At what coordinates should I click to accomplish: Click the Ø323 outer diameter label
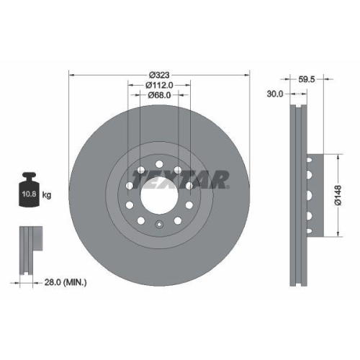(159, 74)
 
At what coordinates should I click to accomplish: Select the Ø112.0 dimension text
(159, 85)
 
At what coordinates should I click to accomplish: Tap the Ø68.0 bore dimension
(159, 95)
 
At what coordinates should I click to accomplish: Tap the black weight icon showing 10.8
(29, 192)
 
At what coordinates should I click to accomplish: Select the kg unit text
(47, 195)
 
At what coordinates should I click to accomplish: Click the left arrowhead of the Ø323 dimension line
(71, 74)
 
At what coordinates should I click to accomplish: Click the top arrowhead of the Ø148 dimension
(336, 156)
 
